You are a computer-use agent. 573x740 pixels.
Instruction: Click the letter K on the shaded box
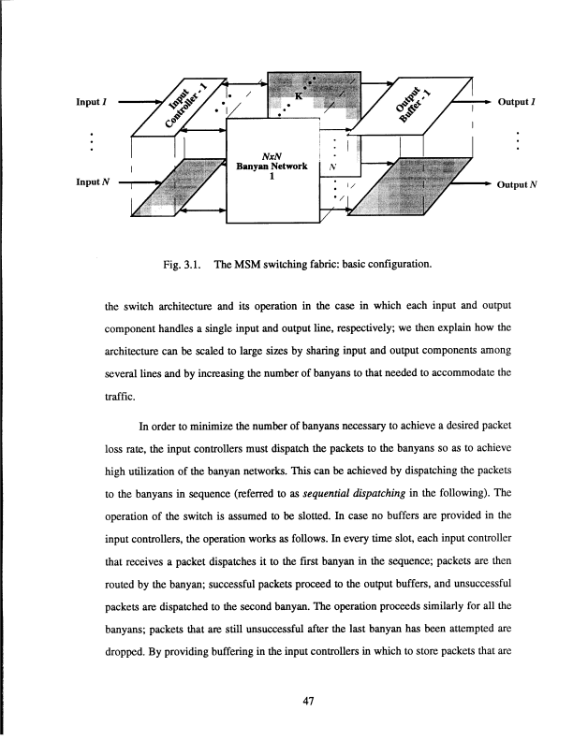point(299,95)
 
